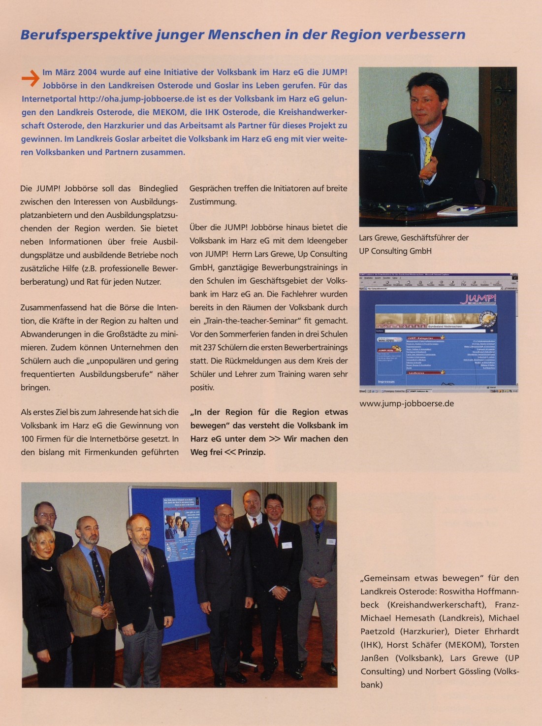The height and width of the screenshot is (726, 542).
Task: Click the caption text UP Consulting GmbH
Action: pos(395,251)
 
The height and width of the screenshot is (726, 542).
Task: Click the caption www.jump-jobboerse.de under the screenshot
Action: pos(407,403)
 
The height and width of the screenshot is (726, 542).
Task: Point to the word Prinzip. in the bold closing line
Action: pos(252,452)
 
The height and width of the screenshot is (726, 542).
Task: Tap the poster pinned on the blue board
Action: pos(182,530)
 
